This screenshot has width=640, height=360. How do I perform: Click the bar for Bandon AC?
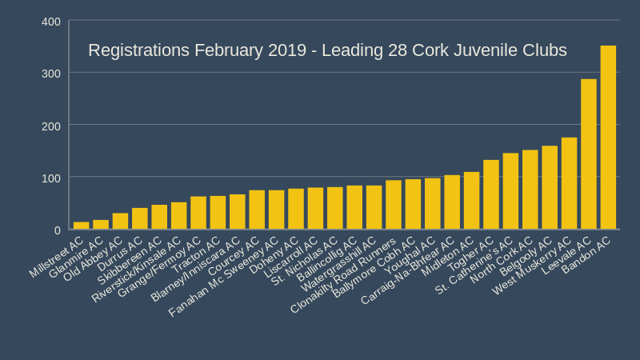tap(608, 138)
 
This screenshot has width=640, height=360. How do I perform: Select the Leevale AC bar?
tap(589, 154)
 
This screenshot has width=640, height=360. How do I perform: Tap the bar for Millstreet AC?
tap(82, 226)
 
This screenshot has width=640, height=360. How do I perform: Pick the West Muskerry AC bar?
tap(569, 184)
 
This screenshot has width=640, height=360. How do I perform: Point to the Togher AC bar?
tap(491, 195)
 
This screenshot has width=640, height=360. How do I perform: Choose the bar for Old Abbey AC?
tap(120, 222)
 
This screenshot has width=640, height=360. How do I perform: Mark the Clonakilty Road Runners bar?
tap(394, 206)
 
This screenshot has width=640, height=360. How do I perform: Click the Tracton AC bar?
tap(218, 213)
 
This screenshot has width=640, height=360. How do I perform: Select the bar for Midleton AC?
tap(471, 201)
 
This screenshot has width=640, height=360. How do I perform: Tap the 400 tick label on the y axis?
tap(50, 21)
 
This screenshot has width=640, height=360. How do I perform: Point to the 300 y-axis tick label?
tap(50, 73)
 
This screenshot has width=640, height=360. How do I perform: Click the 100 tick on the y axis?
tap(50, 177)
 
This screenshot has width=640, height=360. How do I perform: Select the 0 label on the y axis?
tap(57, 230)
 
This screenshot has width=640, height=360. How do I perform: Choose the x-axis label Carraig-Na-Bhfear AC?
tap(408, 270)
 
